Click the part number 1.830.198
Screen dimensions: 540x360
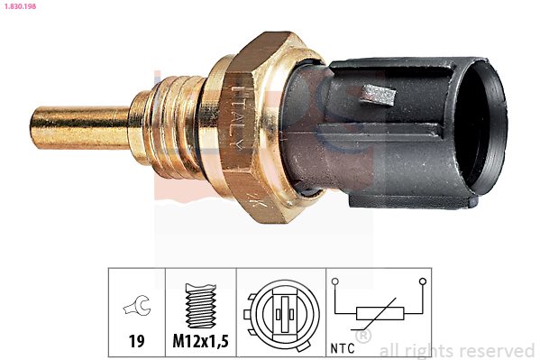[21, 6]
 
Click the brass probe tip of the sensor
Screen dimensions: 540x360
[80, 127]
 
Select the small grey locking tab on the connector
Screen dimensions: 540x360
[378, 95]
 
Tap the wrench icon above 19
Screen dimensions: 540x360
[137, 306]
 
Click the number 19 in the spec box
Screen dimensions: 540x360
[136, 341]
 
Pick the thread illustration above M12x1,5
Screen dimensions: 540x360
[201, 306]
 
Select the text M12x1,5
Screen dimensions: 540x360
[200, 341]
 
